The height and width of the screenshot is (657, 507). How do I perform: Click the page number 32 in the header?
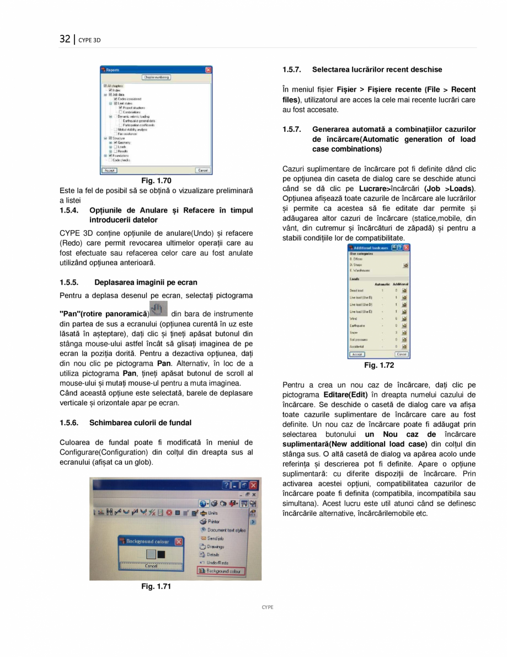point(65,39)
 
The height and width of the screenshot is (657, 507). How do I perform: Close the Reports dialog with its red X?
point(208,70)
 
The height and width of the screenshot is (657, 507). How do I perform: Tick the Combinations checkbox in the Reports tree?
point(120,112)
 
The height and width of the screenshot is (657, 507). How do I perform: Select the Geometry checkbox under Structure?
point(115,142)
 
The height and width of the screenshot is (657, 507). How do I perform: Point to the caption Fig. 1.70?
point(156,181)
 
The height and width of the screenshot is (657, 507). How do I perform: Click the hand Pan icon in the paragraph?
point(159,309)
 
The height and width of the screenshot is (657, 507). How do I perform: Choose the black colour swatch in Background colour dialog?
point(161,553)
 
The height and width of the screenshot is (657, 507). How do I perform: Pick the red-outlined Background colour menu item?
point(222,571)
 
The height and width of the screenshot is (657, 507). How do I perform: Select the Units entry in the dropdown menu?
point(212,513)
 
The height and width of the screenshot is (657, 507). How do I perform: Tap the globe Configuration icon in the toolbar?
point(203,504)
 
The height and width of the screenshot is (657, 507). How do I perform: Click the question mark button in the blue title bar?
point(227,485)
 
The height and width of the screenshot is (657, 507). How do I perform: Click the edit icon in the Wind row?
point(404,319)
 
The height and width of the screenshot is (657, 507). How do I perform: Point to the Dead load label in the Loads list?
point(356,289)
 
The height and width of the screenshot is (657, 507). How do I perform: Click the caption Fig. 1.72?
point(379,365)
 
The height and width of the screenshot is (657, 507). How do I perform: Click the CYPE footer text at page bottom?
point(267,607)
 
